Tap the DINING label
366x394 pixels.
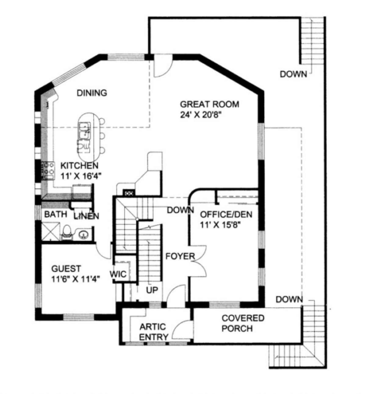pyautogui.click(x=92, y=93)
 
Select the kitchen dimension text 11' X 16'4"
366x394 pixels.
pyautogui.click(x=80, y=176)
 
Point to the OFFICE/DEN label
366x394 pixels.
pyautogui.click(x=226, y=215)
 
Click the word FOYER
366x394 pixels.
pyautogui.click(x=180, y=256)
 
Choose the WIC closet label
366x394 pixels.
pyautogui.click(x=118, y=274)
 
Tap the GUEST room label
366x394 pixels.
pyautogui.click(x=66, y=268)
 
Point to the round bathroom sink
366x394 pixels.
pyautogui.click(x=83, y=235)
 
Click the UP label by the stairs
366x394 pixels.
pyautogui.click(x=152, y=290)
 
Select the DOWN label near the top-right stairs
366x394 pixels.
pyautogui.click(x=293, y=74)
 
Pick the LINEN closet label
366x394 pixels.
pyautogui.click(x=86, y=216)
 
